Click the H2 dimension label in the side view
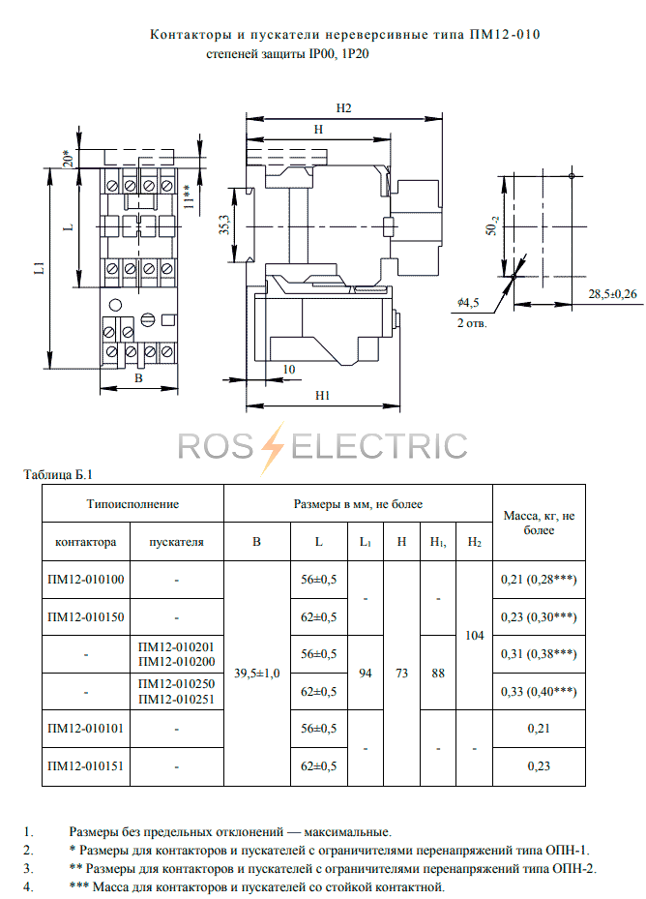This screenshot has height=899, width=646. tap(343, 108)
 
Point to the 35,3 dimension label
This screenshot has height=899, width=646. tap(224, 225)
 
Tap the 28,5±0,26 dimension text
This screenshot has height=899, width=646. tap(612, 294)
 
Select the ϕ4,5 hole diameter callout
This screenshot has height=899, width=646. tap(468, 303)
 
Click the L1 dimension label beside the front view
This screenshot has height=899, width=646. tap(39, 268)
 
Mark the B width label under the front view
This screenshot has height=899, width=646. tap(138, 378)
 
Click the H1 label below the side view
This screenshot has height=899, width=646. tap(322, 396)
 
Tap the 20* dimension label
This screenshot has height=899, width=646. tap(69, 158)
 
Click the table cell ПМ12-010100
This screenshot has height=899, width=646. tap(86, 580)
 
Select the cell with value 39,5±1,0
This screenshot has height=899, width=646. tap(257, 674)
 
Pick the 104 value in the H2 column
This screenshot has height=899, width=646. tap(474, 635)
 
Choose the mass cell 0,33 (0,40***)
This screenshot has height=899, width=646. tap(539, 692)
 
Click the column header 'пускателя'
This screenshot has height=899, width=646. tap(177, 542)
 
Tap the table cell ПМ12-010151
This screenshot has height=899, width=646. tap(86, 766)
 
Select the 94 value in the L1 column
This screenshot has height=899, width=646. tap(366, 674)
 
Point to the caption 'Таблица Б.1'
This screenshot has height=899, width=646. tap(58, 475)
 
